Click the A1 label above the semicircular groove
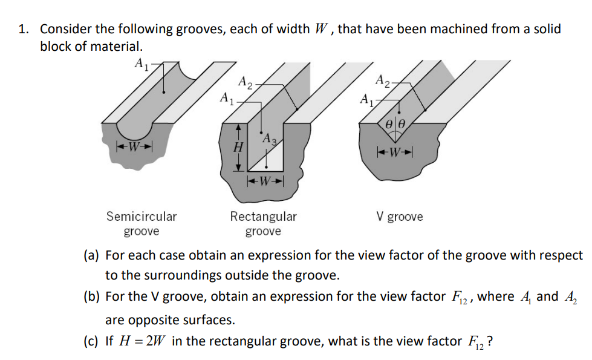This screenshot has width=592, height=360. point(140,62)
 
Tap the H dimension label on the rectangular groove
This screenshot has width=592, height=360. point(238,147)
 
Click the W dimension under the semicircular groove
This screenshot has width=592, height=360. point(134,146)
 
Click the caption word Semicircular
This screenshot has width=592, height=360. point(141,217)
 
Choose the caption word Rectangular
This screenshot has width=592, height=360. point(263,217)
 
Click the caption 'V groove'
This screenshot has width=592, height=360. point(400,217)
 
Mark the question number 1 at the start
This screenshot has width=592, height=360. point(23,29)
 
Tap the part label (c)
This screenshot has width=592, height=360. point(91,341)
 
